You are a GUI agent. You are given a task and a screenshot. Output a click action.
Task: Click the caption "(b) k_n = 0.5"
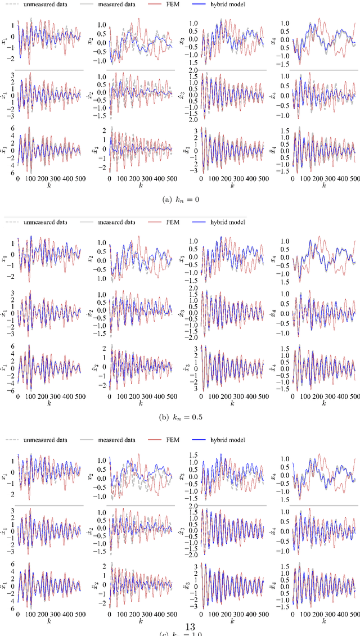coord(180,418)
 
